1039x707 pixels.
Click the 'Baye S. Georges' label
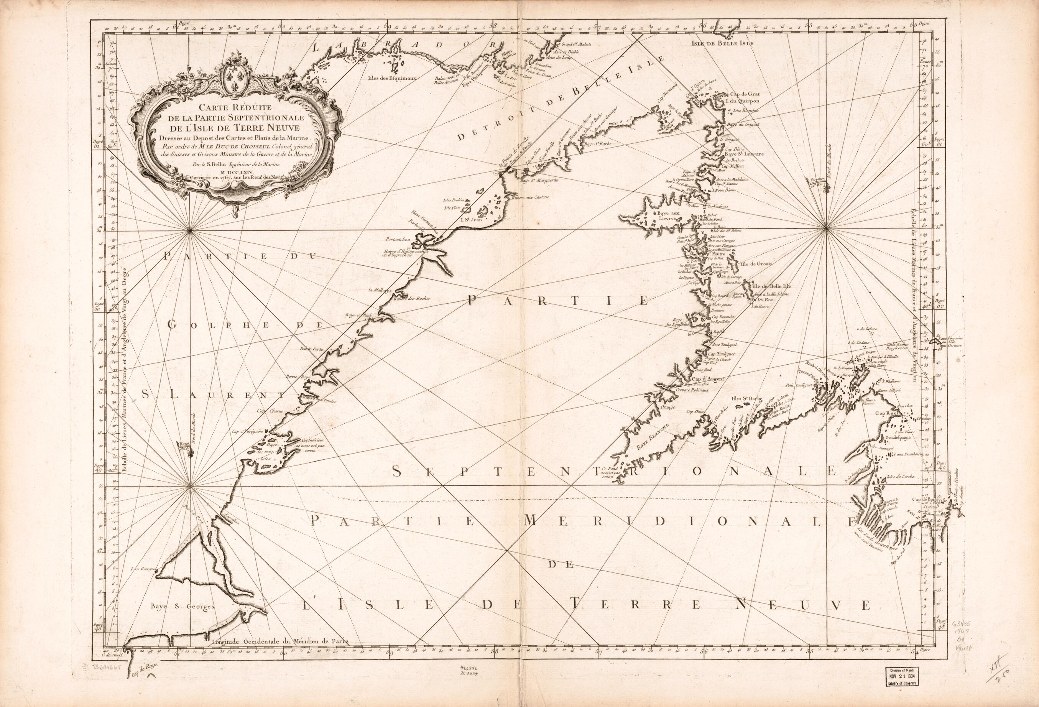pyautogui.click(x=182, y=607)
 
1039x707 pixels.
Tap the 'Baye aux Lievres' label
pyautogui.click(x=668, y=217)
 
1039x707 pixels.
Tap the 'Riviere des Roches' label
pyautogui.click(x=411, y=298)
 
